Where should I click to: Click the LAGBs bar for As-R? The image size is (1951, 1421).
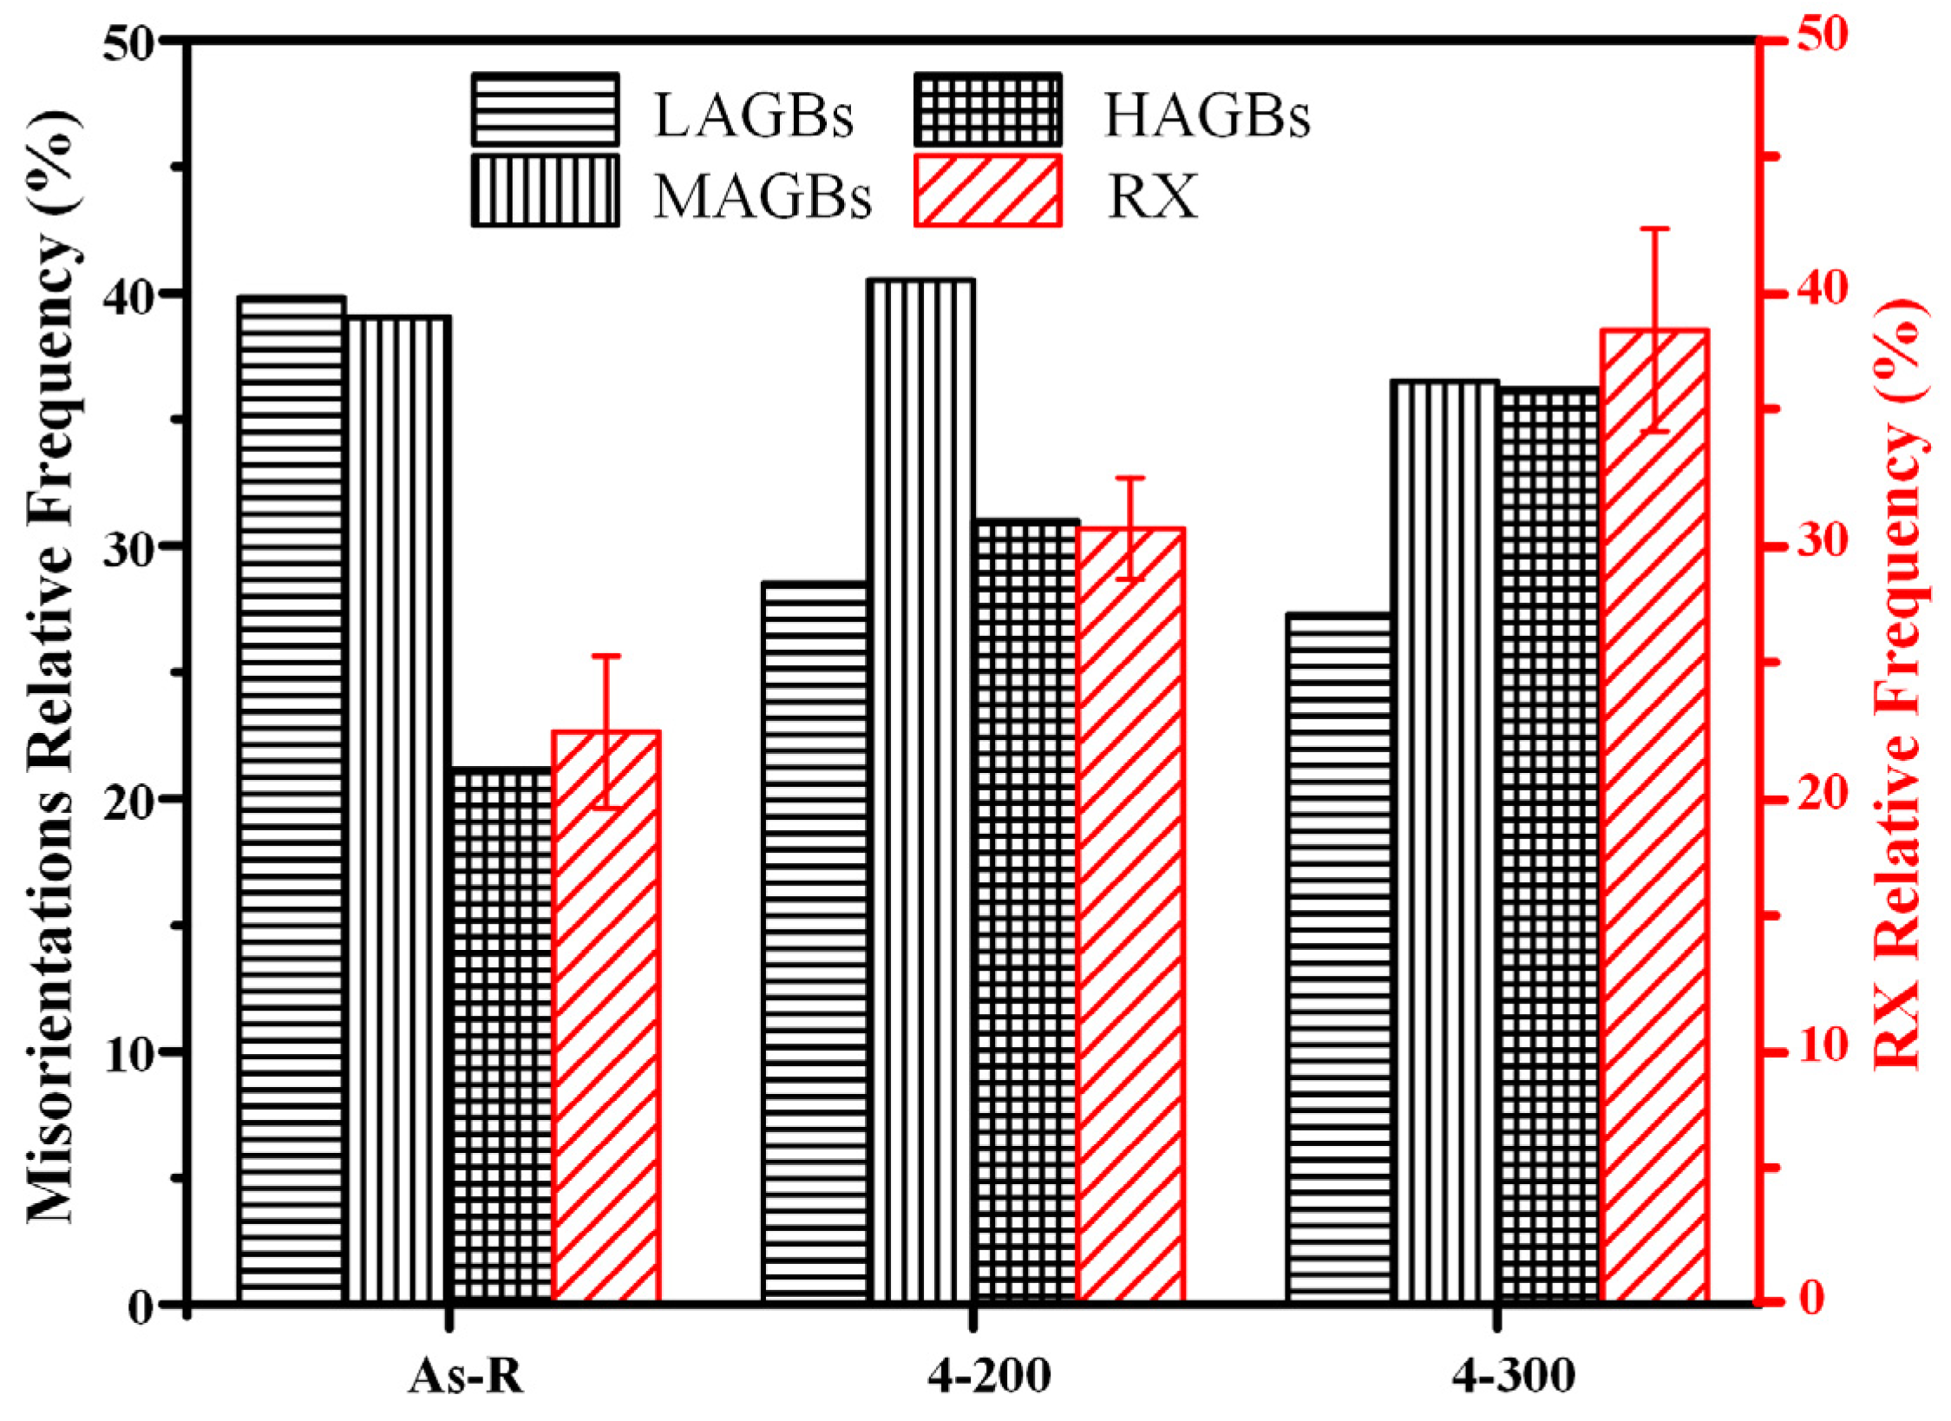[x=292, y=798]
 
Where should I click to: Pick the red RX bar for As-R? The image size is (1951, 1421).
[x=606, y=1015]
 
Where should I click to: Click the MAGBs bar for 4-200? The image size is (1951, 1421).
[x=921, y=789]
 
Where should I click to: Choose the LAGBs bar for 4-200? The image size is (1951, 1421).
[x=815, y=941]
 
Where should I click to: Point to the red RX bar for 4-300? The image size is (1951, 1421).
[x=1654, y=815]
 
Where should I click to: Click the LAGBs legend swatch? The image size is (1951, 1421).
[x=546, y=109]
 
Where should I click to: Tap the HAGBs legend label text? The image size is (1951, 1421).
[x=1207, y=115]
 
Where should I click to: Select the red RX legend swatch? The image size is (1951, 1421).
[x=988, y=191]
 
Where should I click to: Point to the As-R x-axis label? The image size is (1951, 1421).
[x=467, y=1376]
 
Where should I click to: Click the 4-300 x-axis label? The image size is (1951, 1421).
[x=1514, y=1376]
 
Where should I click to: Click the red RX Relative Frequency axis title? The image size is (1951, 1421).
[x=1900, y=685]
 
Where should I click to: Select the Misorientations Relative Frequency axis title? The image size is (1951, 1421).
[x=54, y=668]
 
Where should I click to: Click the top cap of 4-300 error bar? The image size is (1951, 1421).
[x=1654, y=229]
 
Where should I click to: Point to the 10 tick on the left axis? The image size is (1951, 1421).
[x=132, y=1051]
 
